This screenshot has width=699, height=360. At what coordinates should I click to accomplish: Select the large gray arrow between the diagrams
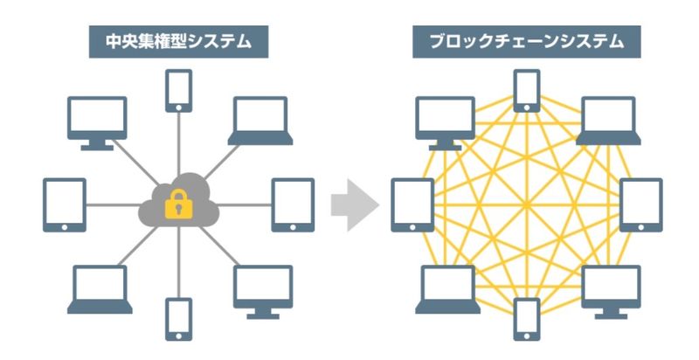354,207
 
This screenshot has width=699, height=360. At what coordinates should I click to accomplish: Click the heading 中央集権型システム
177,41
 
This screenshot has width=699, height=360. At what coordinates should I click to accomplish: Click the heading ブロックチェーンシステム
526,41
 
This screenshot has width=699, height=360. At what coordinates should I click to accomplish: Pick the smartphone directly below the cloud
178,319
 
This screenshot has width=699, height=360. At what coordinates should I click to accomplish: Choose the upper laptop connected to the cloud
259,120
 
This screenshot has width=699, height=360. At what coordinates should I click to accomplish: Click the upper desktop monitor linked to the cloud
98,121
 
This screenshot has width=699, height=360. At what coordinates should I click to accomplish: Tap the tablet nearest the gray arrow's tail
293,204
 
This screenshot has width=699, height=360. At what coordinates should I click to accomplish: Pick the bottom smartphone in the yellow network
527,319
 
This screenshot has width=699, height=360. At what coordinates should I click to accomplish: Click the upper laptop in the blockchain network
610,120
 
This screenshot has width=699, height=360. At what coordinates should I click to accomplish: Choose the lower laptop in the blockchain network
446,289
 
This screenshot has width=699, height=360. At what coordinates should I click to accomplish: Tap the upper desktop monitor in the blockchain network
446,121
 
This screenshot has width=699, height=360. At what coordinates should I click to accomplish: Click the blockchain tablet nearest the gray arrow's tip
412,204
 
